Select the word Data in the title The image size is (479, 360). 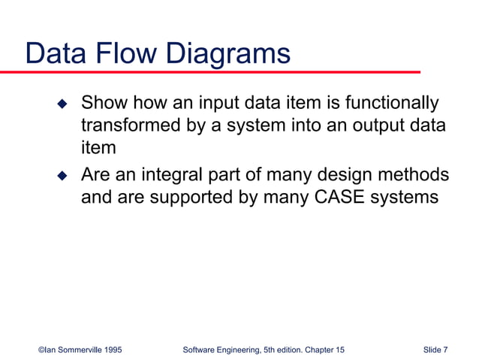57,54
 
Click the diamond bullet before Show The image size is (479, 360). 63,103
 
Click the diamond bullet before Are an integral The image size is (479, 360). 63,177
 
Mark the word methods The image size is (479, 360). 419,176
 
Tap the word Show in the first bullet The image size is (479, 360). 103,102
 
